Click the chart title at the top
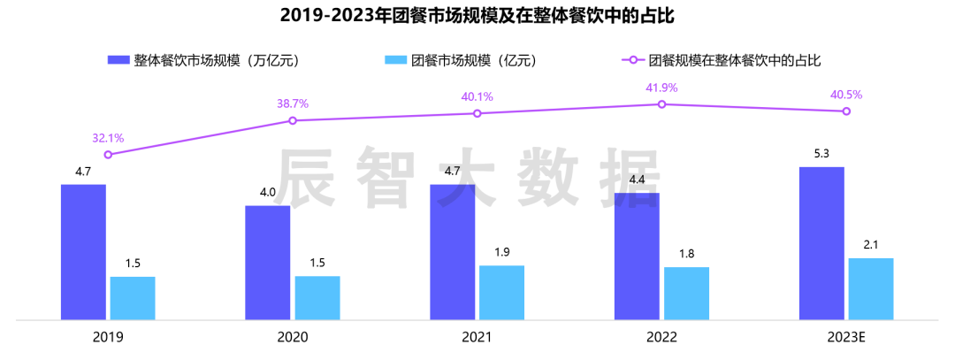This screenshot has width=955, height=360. click(477, 16)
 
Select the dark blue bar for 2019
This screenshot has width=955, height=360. click(83, 252)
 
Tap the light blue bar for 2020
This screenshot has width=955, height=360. click(317, 297)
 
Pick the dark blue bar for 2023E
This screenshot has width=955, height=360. click(821, 243)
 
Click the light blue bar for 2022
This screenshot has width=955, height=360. click(686, 293)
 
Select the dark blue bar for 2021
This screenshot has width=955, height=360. click(452, 252)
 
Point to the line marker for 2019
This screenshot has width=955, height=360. click(108, 155)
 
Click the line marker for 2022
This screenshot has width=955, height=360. click(661, 104)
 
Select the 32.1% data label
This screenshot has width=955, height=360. click(108, 138)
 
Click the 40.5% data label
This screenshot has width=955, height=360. click(846, 95)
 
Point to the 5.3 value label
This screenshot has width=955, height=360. click(821, 154)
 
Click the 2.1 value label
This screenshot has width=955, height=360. click(871, 245)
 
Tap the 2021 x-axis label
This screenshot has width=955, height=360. click(477, 337)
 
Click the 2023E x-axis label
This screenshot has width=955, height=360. click(846, 337)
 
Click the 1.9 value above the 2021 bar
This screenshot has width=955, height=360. click(501, 253)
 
